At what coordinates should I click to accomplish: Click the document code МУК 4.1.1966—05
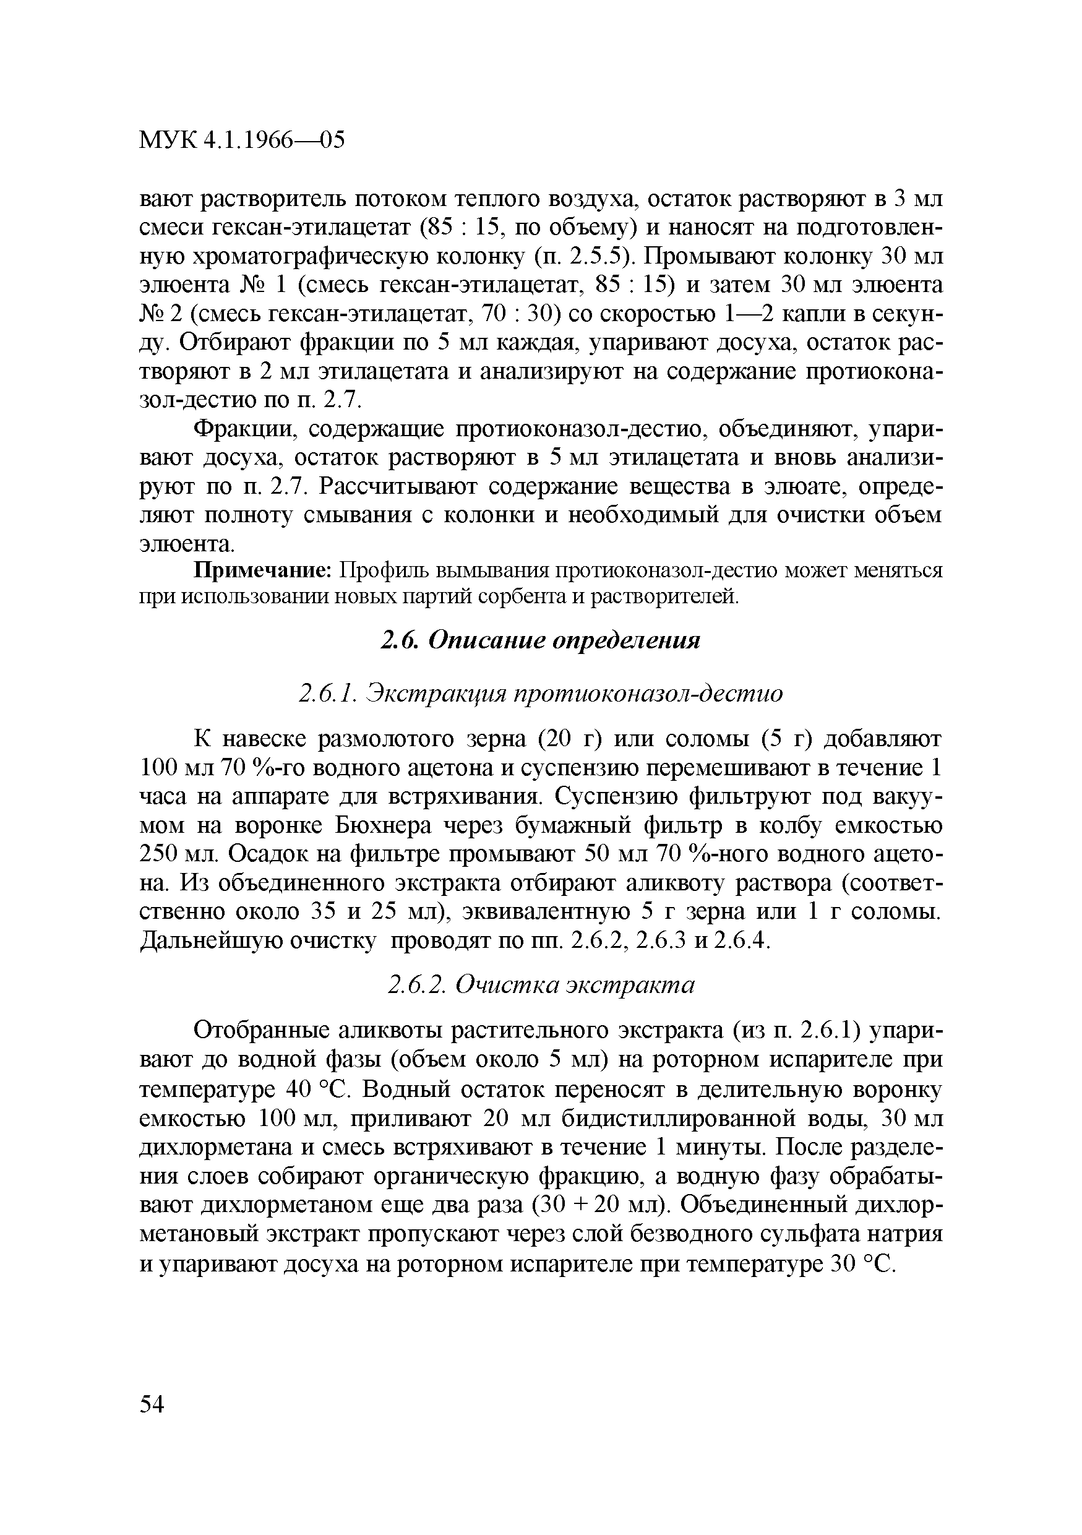click(242, 141)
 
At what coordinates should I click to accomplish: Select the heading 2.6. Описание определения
click(540, 640)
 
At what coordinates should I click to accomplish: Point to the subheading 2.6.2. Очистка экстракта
click(541, 986)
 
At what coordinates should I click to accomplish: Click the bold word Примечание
click(264, 571)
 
